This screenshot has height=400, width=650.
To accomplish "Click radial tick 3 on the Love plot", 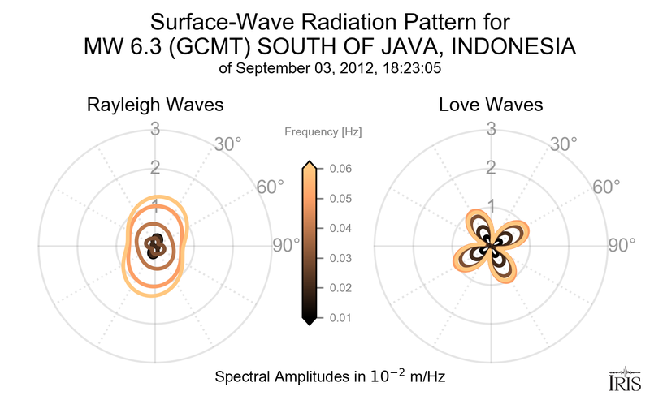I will pos(491,128).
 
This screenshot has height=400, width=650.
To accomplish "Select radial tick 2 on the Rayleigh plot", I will pos(154,168).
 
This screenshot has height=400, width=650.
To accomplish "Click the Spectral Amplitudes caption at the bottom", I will pos(329,377).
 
